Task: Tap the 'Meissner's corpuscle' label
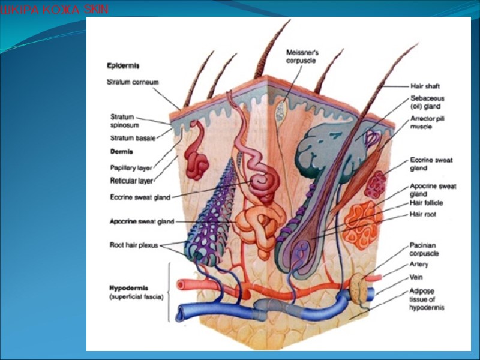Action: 302,56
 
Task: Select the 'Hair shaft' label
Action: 425,86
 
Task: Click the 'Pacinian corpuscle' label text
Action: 424,249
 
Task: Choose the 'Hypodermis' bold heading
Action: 130,287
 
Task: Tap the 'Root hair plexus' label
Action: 133,245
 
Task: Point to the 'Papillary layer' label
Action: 130,168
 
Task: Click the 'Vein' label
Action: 416,277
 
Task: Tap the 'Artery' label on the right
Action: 419,264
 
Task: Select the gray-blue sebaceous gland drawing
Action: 325,146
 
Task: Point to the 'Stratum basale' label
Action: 132,138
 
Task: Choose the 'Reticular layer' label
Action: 131,180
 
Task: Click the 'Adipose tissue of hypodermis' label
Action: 427,299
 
